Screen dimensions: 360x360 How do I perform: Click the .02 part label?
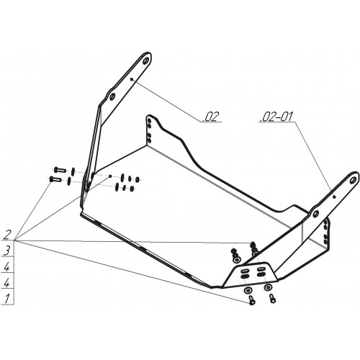click(x=211, y=117)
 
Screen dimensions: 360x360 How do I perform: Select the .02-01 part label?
click(x=276, y=117)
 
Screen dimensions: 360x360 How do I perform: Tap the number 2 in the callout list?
click(x=7, y=235)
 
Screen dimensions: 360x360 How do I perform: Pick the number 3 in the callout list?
click(x=7, y=251)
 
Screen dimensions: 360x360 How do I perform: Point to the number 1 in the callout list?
click(x=7, y=298)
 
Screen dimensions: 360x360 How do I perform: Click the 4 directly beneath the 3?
click(x=7, y=266)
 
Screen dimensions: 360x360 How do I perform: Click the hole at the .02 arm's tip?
click(x=145, y=60)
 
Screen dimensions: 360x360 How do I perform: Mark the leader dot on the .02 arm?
click(x=131, y=78)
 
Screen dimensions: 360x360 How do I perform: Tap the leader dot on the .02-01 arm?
click(x=334, y=197)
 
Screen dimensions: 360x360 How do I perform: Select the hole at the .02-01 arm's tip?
click(x=353, y=180)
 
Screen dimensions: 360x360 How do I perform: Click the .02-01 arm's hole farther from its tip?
click(x=316, y=212)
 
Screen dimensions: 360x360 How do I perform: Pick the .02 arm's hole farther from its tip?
click(x=112, y=96)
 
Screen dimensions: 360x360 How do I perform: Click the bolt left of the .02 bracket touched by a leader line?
click(x=55, y=179)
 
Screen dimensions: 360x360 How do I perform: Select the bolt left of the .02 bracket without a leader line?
click(x=60, y=170)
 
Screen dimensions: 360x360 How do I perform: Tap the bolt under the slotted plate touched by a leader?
click(x=251, y=300)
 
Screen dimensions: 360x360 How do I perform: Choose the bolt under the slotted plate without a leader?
click(x=272, y=298)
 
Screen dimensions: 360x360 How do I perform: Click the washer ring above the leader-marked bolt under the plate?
click(x=247, y=291)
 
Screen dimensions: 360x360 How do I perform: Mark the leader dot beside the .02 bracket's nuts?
click(x=110, y=176)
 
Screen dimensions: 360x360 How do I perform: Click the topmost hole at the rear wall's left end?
click(x=149, y=120)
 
